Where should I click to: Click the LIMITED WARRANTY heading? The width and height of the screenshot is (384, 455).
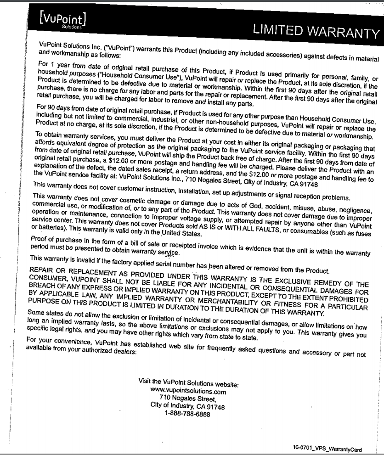(318, 32)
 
